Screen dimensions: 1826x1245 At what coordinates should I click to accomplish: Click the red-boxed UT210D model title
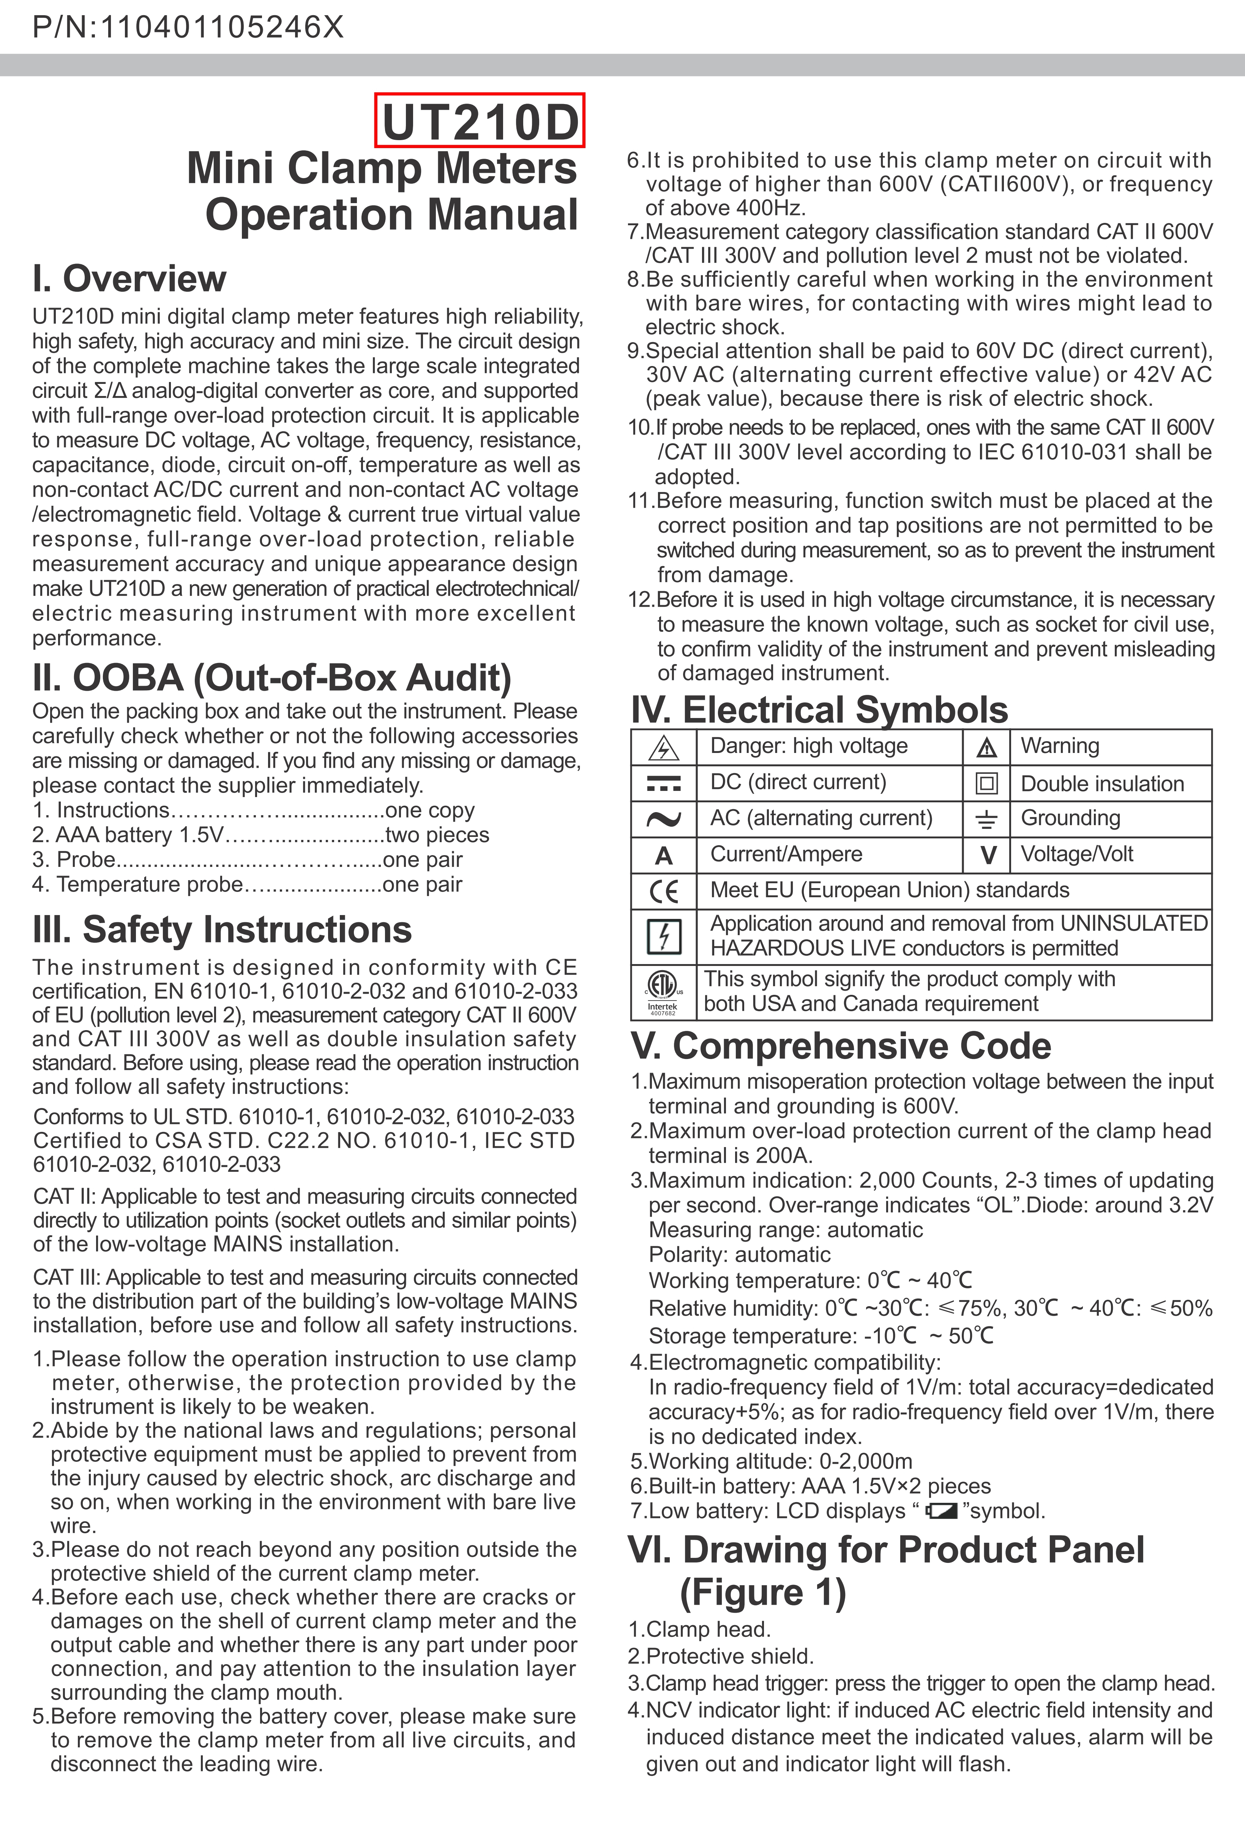480,121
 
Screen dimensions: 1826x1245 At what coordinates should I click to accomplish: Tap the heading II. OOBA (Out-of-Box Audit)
272,677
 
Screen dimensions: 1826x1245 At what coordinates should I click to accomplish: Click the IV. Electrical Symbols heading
819,710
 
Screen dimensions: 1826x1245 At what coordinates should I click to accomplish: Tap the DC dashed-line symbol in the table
664,783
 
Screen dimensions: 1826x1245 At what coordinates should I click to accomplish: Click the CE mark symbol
664,892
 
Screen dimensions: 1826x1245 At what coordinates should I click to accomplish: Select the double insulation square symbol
986,783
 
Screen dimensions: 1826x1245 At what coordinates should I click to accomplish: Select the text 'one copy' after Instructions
430,810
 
